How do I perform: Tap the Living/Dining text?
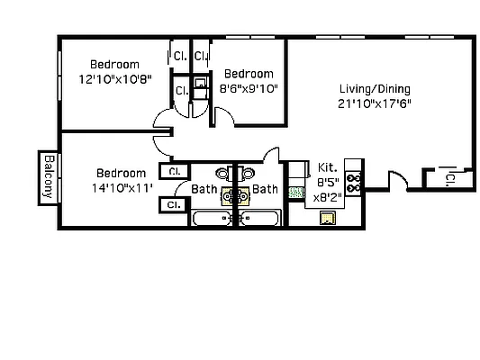tap(375, 89)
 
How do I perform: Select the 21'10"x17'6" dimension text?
tap(375, 103)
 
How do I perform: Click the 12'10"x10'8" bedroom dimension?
tap(114, 79)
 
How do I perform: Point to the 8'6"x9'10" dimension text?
tap(249, 88)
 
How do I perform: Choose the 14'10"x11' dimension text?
tap(121, 187)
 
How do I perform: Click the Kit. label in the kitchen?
tap(326, 166)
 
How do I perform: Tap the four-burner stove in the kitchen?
tap(354, 184)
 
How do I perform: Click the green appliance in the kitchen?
tap(294, 192)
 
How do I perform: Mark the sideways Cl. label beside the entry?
tap(448, 179)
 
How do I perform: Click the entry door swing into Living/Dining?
tap(397, 180)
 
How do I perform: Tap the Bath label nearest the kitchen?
tap(265, 189)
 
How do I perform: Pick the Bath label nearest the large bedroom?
tap(204, 189)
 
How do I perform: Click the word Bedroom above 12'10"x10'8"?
tap(114, 64)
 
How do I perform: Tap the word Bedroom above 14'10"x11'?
tap(121, 173)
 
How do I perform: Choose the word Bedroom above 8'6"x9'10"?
tap(249, 74)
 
